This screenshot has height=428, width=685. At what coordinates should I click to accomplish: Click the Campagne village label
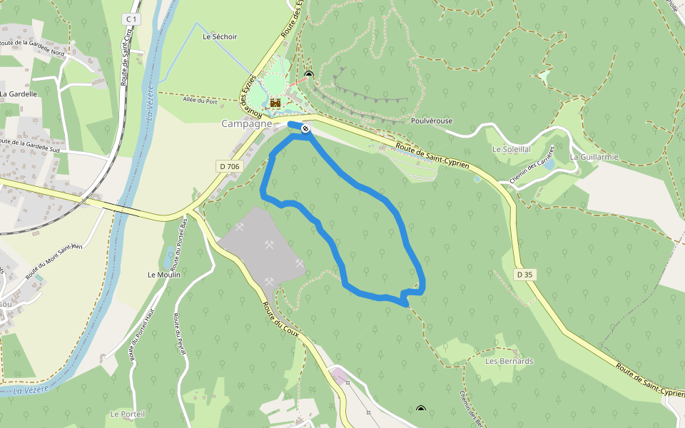point(246,123)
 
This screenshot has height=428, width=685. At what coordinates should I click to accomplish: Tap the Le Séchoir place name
point(220,36)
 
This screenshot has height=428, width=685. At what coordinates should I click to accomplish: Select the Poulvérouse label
point(432,121)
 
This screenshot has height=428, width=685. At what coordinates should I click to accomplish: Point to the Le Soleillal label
point(512,150)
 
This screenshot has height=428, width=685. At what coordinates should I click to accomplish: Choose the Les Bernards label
point(509,361)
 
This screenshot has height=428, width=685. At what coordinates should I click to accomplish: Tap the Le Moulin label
point(164,275)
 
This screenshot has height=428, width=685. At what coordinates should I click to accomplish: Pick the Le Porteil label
point(128,414)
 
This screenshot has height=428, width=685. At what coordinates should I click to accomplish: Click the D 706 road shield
point(228,166)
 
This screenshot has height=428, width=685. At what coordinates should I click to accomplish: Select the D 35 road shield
point(524,275)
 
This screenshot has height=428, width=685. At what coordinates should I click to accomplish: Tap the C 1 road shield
point(129,19)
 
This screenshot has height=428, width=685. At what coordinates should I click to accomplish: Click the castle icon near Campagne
point(275,102)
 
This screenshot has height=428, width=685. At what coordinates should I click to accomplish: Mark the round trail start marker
point(305,128)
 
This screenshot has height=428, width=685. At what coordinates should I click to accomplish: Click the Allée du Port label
point(200,101)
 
